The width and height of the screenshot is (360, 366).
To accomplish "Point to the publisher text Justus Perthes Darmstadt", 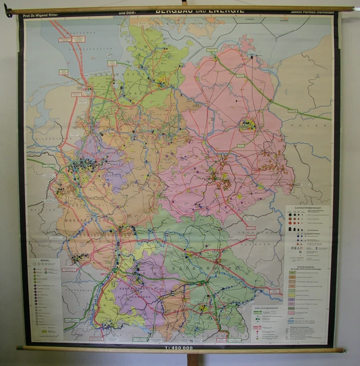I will coord(305,11).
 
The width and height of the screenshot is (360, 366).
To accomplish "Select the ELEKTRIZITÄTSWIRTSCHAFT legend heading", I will coord(307,210).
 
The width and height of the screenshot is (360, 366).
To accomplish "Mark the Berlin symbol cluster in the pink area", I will coord(247,124).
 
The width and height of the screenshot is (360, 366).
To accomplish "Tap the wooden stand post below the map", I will coord(193,359).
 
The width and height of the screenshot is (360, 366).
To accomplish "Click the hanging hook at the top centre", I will coord(184,3).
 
